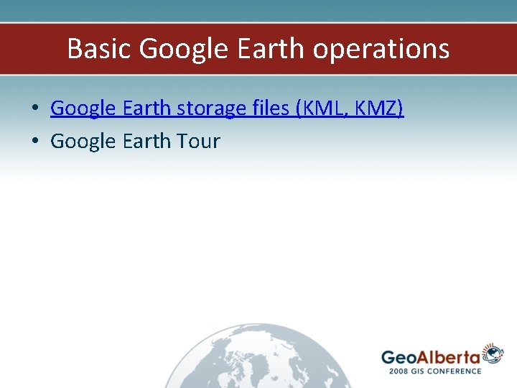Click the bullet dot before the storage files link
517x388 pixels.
[x=34, y=109]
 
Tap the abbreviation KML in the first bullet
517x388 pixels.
[x=320, y=108]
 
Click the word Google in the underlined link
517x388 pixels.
[x=84, y=108]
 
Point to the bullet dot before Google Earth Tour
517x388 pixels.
[x=34, y=142]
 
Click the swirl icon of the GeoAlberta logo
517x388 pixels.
[x=493, y=354]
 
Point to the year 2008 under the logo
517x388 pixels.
[x=400, y=371]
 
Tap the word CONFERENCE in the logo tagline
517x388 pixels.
[x=457, y=371]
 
